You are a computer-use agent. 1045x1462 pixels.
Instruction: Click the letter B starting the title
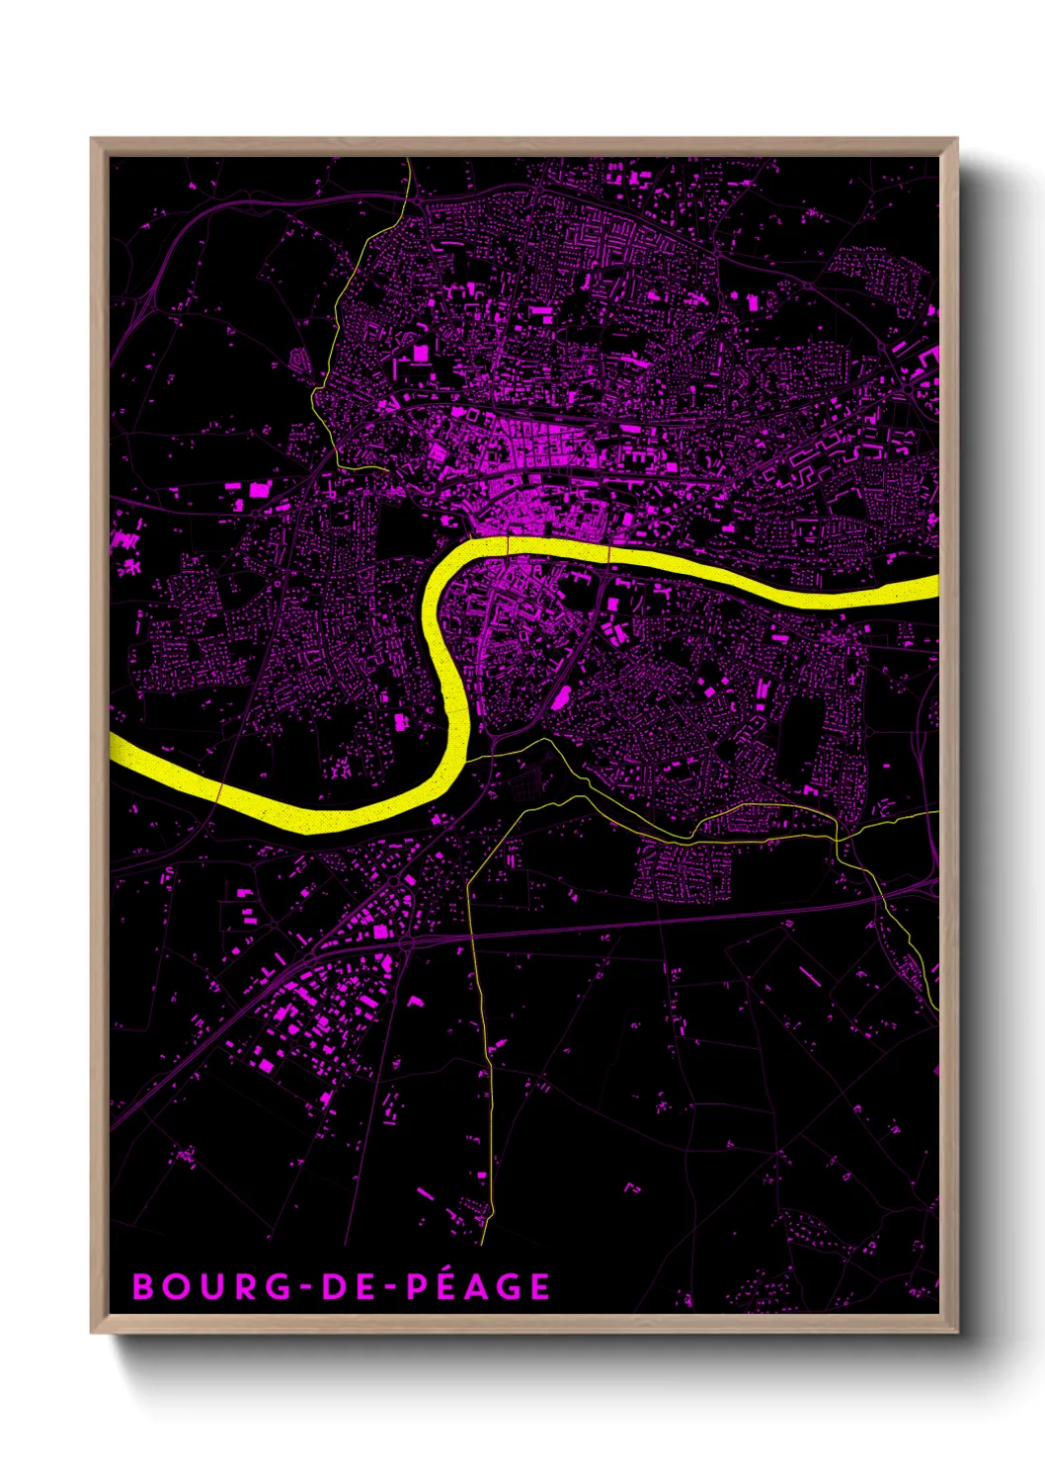143,1286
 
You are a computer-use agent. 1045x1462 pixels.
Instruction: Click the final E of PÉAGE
538,1286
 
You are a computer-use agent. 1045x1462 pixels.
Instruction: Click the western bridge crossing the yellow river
508,546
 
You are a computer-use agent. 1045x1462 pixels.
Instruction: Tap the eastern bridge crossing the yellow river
609,553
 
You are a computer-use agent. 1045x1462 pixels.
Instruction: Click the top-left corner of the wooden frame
93,140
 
